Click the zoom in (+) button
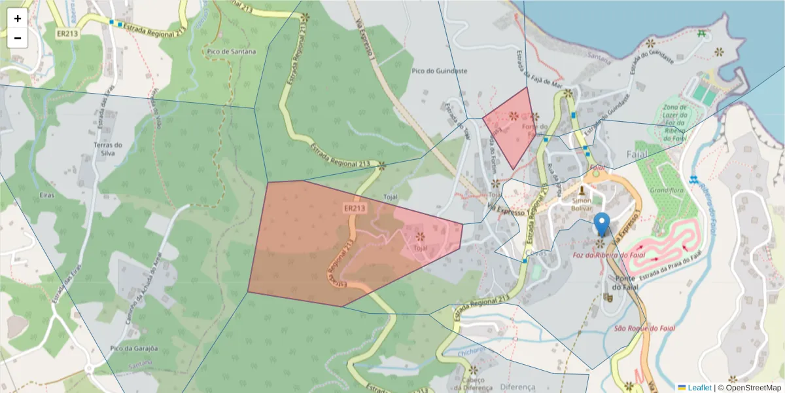[x=18, y=18]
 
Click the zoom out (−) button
[x=18, y=38]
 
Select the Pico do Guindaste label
[x=440, y=71]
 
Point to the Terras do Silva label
[x=109, y=149]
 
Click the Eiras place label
[x=46, y=195]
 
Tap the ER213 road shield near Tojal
[x=354, y=208]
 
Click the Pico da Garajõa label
[x=135, y=348]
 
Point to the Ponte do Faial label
[x=625, y=283]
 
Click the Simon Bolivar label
[x=582, y=204]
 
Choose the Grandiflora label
[x=666, y=190]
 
